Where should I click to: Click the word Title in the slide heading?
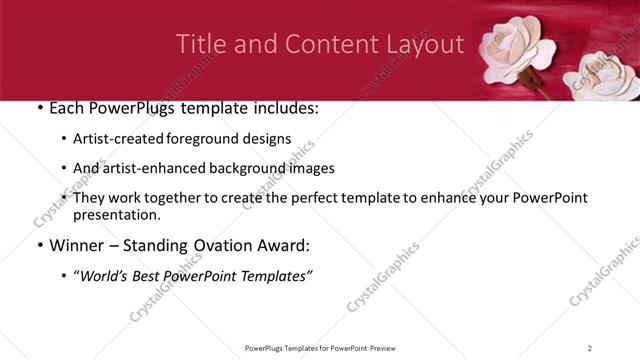[x=200, y=45]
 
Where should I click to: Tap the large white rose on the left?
[x=518, y=50]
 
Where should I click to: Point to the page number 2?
[x=590, y=347]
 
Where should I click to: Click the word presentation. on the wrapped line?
[x=116, y=214]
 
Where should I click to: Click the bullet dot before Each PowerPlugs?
[x=38, y=109]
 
